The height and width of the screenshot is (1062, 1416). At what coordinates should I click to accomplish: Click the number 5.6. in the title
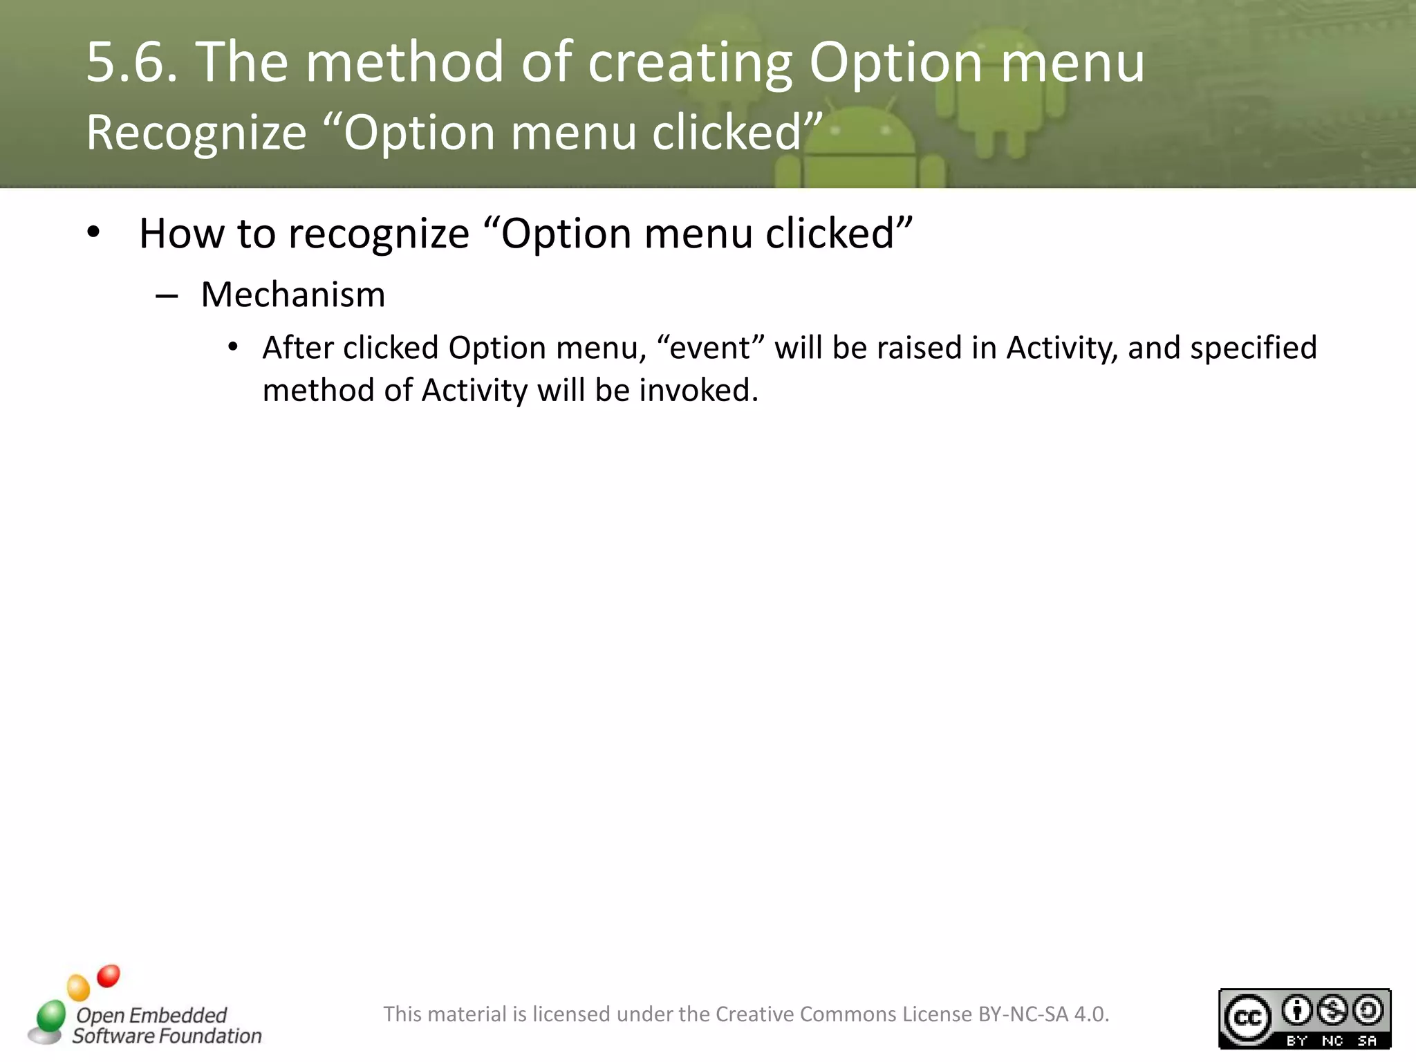131,62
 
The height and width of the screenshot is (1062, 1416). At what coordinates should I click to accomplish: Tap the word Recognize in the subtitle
196,133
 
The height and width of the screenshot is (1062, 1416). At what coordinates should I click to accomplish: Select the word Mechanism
293,295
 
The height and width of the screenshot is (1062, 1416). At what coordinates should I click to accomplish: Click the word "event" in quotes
710,348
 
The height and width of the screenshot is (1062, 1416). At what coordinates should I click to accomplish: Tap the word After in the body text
298,348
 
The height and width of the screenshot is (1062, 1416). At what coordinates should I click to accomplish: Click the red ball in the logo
109,976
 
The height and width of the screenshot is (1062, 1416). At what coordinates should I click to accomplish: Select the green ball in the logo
50,1016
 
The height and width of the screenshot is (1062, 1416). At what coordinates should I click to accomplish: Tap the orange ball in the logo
78,987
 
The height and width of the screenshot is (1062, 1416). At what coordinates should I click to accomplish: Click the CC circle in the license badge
1248,1018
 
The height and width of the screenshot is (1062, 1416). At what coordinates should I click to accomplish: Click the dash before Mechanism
167,297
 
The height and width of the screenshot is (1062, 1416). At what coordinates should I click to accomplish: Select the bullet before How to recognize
94,233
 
